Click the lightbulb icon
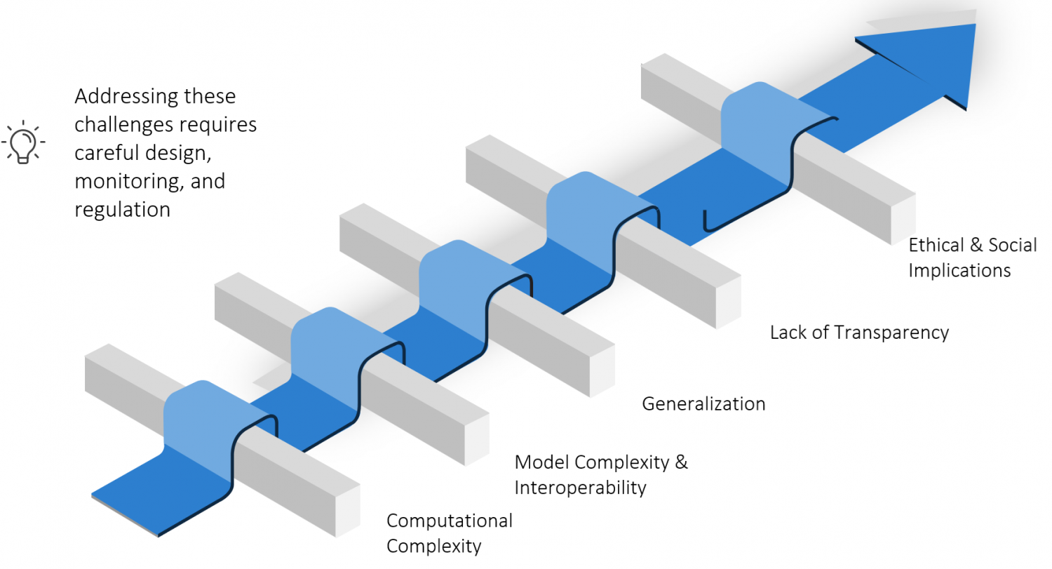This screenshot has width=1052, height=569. pyautogui.click(x=24, y=141)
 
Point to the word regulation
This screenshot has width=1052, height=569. pyautogui.click(x=122, y=210)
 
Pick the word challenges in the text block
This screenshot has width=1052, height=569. pyautogui.click(x=122, y=124)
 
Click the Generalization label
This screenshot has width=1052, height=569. pyautogui.click(x=703, y=404)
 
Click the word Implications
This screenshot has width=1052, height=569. pyautogui.click(x=959, y=270)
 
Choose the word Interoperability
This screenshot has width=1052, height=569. pyautogui.click(x=580, y=488)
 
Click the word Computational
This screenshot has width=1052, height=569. pyautogui.click(x=450, y=521)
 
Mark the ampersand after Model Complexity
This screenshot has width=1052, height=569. pyautogui.click(x=681, y=462)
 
